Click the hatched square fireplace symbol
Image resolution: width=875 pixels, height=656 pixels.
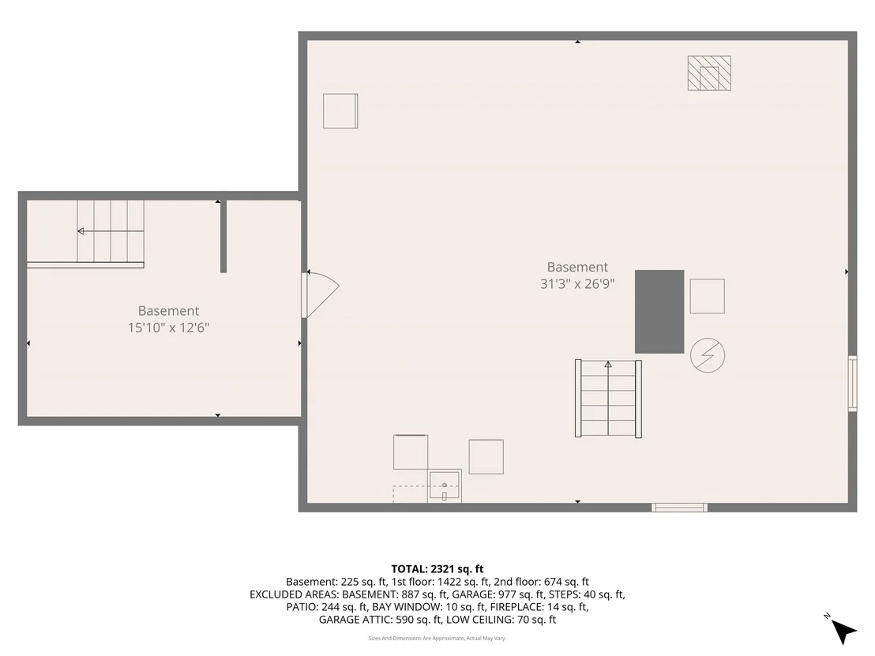pos(708,73)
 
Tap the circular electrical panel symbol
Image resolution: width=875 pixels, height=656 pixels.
pos(708,355)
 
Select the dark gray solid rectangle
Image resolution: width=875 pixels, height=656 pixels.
pos(659,311)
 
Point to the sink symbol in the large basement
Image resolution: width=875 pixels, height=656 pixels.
pos(444,485)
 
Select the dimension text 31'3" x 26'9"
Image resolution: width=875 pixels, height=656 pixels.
pos(577,284)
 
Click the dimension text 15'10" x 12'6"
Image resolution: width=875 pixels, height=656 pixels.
pos(168,328)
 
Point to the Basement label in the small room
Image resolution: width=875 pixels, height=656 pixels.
pos(168,311)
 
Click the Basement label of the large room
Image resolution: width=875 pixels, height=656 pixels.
pos(577,267)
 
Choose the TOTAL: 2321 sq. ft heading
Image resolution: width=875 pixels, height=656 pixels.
pos(437,569)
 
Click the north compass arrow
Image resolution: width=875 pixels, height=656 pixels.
pos(843,632)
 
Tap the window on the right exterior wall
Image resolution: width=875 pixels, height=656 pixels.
pos(852,383)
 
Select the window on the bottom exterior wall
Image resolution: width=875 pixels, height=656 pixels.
pos(679,507)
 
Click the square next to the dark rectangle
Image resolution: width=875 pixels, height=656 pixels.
pos(707,296)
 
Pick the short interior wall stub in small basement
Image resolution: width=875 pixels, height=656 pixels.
pos(223,236)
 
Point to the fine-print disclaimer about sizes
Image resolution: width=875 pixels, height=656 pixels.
pos(437,638)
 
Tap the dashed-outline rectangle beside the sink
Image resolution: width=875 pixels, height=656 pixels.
pos(411,494)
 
